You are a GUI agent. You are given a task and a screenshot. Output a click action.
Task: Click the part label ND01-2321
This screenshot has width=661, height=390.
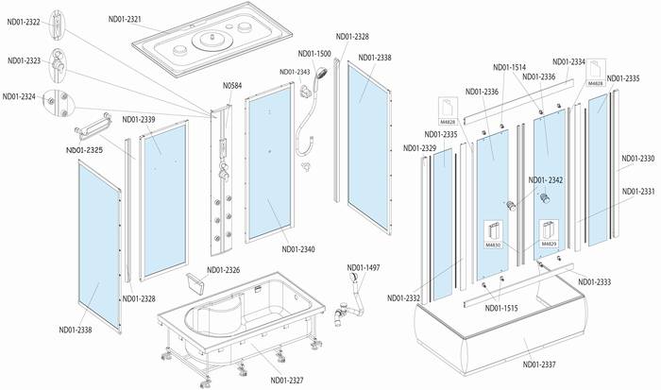coord(125,20)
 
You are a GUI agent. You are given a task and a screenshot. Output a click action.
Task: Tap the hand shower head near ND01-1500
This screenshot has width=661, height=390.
coord(322,74)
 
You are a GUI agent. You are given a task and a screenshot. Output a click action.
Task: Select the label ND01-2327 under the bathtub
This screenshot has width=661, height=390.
coord(287,381)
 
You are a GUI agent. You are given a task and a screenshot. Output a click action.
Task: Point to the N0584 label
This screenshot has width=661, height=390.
coord(232,86)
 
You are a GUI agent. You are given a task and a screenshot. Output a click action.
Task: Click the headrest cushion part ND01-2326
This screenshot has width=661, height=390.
coord(195,282)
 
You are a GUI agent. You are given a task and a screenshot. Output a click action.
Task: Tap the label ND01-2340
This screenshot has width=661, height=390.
coord(298,249)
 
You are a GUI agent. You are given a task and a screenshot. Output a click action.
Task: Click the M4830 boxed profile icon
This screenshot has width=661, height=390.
coord(493,234)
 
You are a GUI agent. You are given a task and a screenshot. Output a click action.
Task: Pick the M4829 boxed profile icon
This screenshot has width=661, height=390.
coord(550,233)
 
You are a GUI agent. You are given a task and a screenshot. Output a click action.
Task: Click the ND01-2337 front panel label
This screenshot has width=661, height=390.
coord(539,365)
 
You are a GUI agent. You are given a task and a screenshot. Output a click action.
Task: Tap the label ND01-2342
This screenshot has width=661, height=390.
coord(546,180)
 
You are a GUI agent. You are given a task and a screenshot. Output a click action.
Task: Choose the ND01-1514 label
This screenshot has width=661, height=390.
coord(510,67)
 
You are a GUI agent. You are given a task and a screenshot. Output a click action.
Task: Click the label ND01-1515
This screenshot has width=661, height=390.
coord(501,308)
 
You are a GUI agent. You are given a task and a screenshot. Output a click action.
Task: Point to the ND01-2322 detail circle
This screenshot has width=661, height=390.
coord(58,25)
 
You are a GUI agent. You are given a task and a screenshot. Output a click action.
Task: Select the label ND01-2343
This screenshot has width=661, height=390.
coord(295,72)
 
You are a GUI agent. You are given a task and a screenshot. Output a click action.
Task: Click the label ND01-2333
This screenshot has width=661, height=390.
coord(594,282)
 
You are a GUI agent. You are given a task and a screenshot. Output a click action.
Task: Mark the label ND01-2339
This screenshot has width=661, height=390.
coord(139,120)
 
